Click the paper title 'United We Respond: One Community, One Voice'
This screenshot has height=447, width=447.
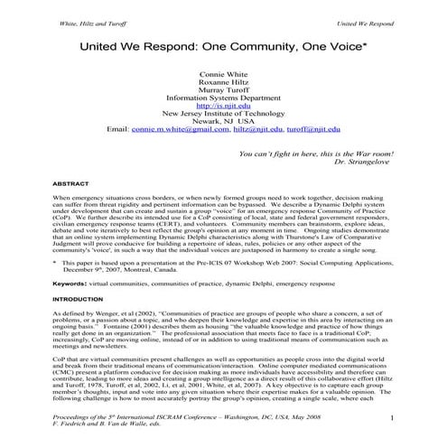click(223, 43)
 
